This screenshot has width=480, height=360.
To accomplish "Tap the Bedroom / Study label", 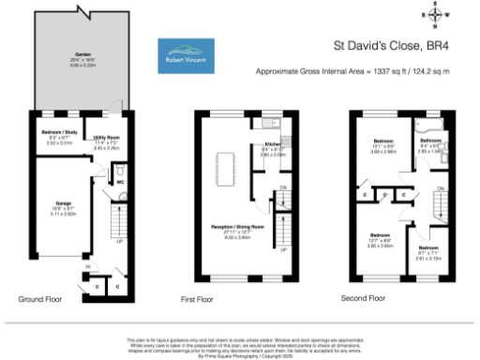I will tap(59, 140).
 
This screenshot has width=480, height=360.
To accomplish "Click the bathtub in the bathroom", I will tap(433, 123).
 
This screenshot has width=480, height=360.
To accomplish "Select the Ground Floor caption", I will tap(41, 297).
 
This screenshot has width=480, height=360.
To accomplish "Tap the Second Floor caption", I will tap(363, 297).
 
